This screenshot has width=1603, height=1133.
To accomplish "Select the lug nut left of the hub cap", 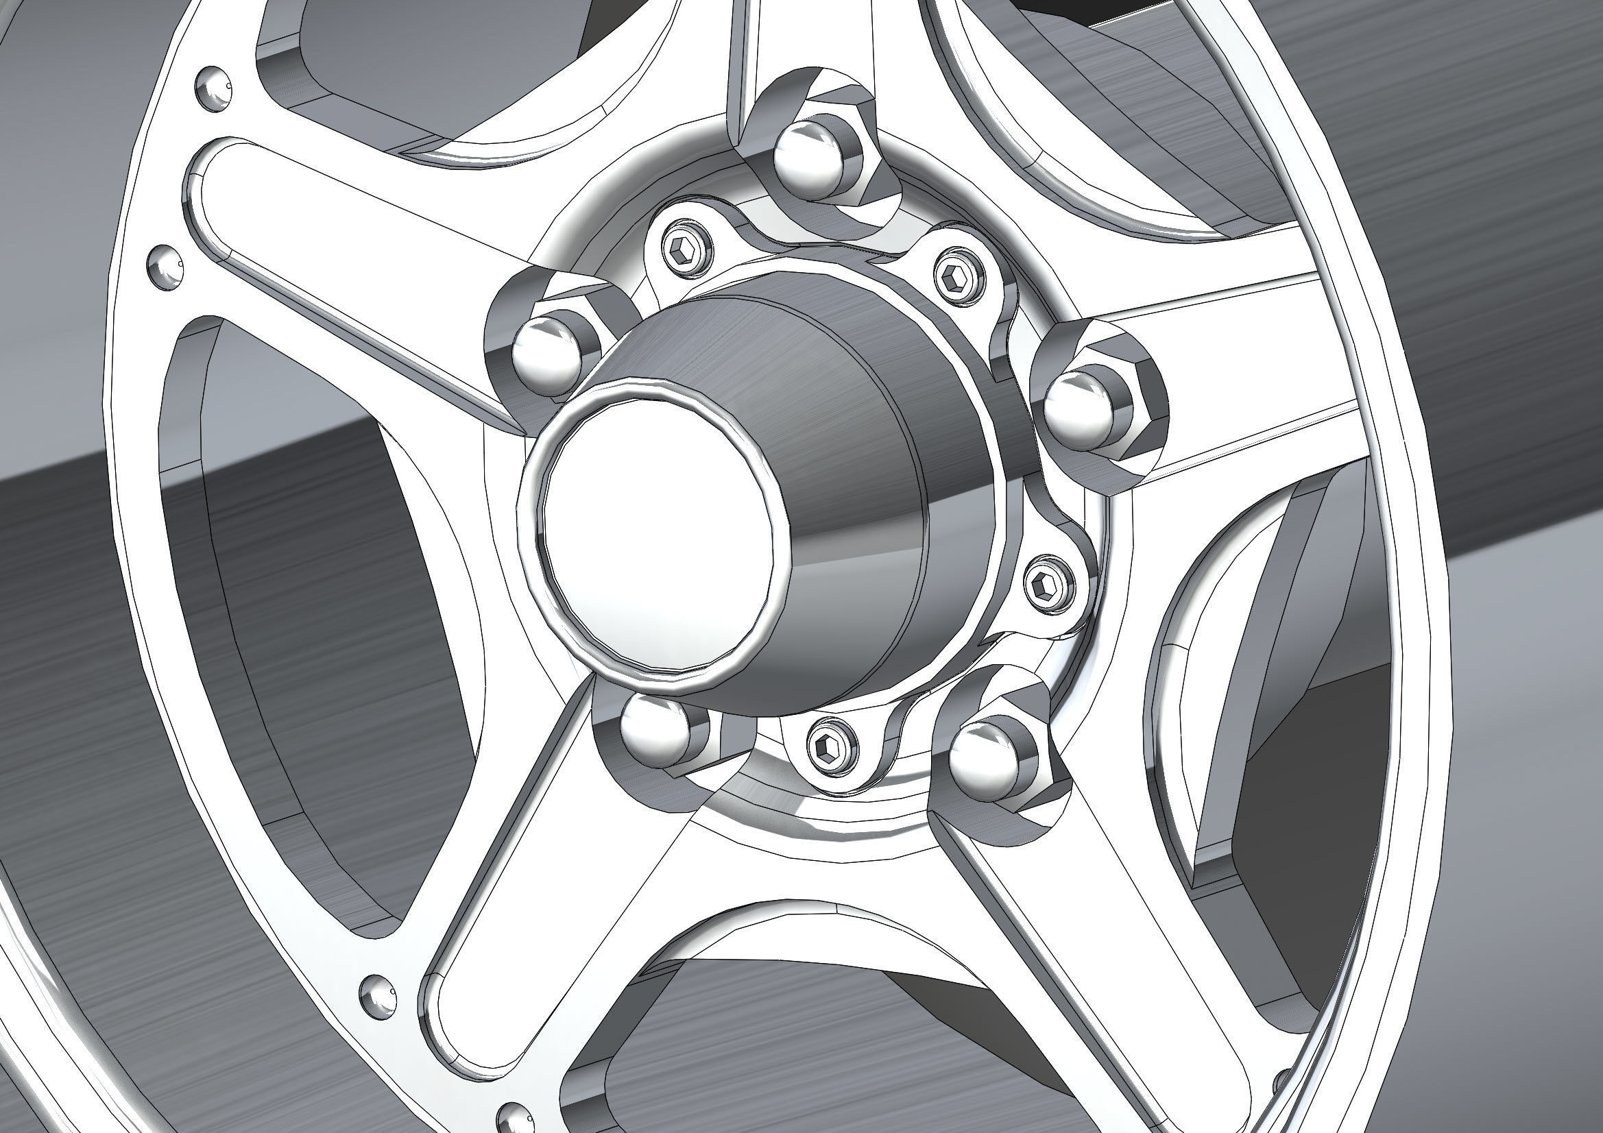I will (x=548, y=352).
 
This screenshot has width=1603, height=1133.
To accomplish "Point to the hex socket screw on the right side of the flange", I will (x=1049, y=585).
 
